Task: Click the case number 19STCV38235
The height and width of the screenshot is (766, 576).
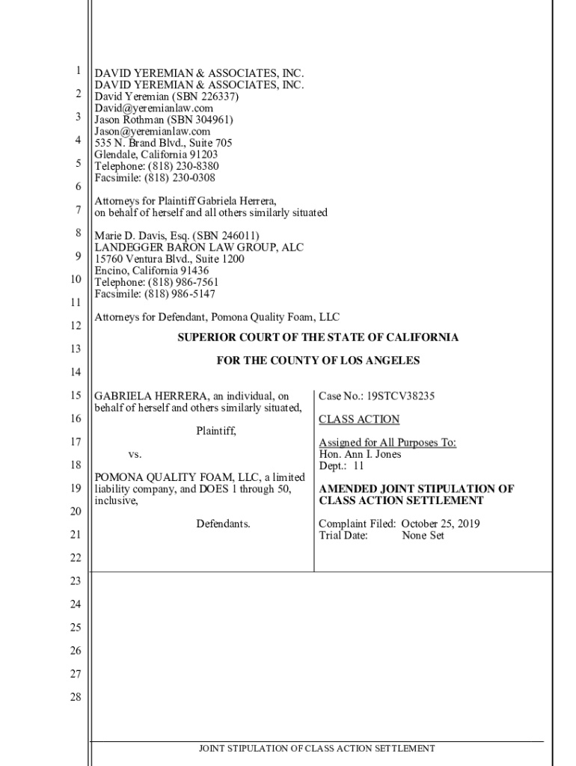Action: [x=401, y=396]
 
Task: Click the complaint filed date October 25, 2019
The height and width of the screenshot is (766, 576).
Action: [x=441, y=524]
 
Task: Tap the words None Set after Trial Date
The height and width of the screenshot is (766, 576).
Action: [x=423, y=536]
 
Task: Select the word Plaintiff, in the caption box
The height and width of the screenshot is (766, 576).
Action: [x=216, y=431]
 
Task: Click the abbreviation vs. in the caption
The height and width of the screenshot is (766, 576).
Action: [x=135, y=454]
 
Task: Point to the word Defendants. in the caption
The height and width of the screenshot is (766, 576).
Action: [x=223, y=524]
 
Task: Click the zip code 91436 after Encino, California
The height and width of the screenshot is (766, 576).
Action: [x=194, y=271]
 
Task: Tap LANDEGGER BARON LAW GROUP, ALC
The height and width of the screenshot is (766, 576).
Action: [x=199, y=248]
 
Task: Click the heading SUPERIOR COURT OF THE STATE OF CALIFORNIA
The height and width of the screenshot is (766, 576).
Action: [x=317, y=337]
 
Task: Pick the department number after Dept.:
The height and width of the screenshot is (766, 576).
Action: [x=358, y=465]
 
